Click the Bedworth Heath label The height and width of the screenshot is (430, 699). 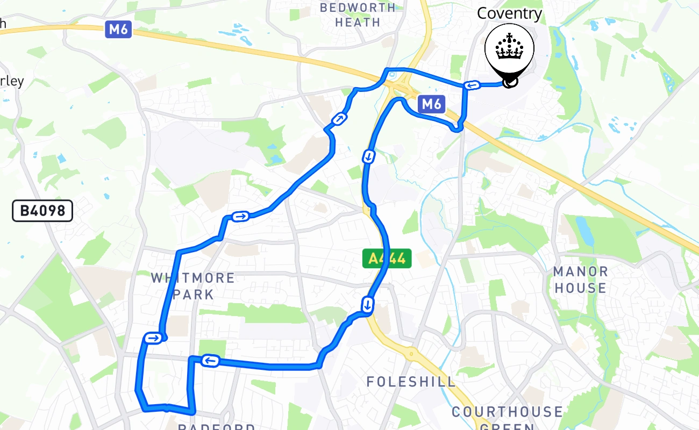pyautogui.click(x=358, y=15)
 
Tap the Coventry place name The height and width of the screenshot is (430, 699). pyautogui.click(x=509, y=13)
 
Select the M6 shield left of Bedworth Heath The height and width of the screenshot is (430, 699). pyautogui.click(x=118, y=29)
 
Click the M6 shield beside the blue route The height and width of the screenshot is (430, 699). pyautogui.click(x=431, y=104)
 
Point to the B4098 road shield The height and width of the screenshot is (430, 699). pyautogui.click(x=42, y=211)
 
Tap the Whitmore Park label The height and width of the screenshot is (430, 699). pyautogui.click(x=193, y=286)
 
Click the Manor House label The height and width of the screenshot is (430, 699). pyautogui.click(x=581, y=279)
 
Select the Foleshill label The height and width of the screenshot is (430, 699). pyautogui.click(x=411, y=382)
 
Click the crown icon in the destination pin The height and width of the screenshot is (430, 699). pyautogui.click(x=508, y=48)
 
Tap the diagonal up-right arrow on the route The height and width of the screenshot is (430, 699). pyautogui.click(x=339, y=119)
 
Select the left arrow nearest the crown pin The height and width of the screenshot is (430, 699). pyautogui.click(x=472, y=85)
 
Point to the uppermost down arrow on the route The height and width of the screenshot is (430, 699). pyautogui.click(x=369, y=157)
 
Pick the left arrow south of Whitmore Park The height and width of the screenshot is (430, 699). pyautogui.click(x=210, y=361)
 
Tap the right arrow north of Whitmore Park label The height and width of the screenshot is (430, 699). pyautogui.click(x=240, y=216)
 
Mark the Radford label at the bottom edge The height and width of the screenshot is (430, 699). pyautogui.click(x=216, y=426)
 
